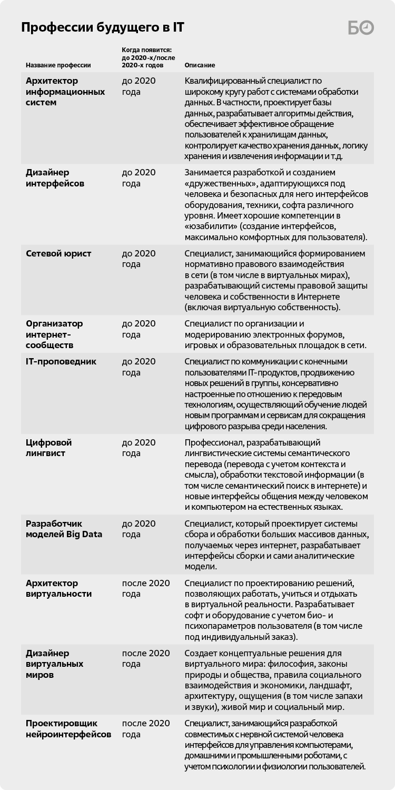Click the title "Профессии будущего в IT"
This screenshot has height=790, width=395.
point(103,28)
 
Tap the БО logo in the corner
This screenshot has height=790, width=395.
point(361,28)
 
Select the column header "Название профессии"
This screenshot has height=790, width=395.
point(58,65)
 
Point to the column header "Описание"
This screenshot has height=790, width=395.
point(200,65)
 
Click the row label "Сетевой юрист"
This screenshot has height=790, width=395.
point(58,253)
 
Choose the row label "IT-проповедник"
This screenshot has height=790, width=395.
point(61,361)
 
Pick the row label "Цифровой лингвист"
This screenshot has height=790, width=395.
point(48,448)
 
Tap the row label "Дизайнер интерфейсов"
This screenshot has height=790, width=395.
point(55,178)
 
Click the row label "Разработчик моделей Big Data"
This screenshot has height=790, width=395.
point(64,529)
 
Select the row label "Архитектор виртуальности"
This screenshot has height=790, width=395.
point(58,588)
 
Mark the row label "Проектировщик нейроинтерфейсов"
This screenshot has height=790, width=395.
point(68,728)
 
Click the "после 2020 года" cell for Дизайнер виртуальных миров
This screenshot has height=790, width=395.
point(146,658)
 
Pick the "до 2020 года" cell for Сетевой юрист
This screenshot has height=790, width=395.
point(139,259)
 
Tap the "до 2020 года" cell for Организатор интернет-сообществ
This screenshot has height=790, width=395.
point(139,329)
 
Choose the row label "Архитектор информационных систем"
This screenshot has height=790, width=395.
point(65,92)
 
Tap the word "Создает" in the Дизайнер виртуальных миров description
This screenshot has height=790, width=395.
point(200,653)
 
